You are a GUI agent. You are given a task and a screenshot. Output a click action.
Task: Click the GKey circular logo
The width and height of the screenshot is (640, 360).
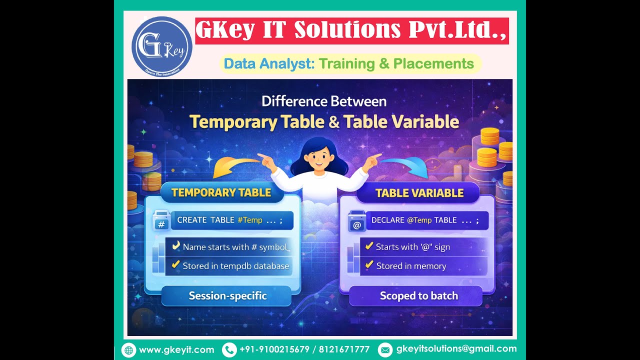[x=161, y=46]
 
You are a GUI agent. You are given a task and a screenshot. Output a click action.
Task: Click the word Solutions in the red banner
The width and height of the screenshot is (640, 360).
[x=347, y=30]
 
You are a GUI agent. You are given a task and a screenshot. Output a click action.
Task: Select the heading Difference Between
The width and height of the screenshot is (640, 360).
[x=324, y=101]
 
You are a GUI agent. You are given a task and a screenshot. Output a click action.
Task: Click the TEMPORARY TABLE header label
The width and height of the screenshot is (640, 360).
[x=221, y=193]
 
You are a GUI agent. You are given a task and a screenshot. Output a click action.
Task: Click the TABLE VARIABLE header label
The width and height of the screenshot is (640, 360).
[x=419, y=193]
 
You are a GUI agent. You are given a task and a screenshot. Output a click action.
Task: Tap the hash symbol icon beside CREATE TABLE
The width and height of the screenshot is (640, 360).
[x=161, y=224]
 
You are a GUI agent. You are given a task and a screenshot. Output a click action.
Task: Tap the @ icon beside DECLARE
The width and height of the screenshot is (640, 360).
[x=356, y=224]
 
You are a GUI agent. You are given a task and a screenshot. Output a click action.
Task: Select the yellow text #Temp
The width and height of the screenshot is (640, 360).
[x=250, y=220]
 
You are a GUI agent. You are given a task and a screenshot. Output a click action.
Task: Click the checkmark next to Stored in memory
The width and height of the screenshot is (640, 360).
[x=369, y=265]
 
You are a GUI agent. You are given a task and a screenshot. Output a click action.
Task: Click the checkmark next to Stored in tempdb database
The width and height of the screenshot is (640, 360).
[x=175, y=265]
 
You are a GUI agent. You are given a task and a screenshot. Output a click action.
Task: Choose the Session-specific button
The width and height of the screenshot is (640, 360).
[x=227, y=296]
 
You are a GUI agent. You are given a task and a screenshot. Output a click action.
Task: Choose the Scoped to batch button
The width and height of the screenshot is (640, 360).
[x=418, y=296]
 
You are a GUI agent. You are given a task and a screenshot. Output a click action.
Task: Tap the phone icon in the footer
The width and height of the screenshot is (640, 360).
[x=229, y=349]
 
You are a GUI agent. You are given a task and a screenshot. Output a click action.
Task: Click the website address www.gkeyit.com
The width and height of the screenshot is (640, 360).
[x=176, y=350]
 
